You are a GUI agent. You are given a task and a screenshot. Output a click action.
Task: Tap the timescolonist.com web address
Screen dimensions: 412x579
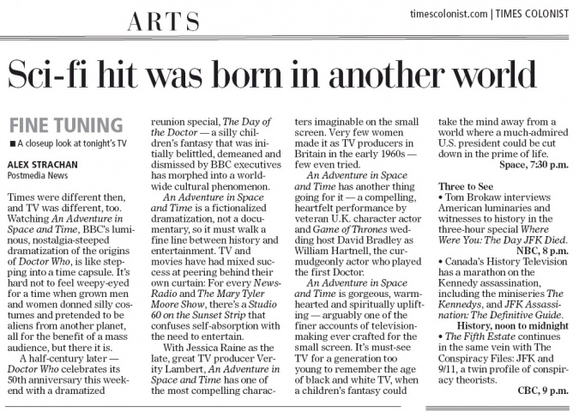(x=449, y=14)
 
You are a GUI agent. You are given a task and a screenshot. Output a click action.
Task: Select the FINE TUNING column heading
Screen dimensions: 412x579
(x=54, y=124)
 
